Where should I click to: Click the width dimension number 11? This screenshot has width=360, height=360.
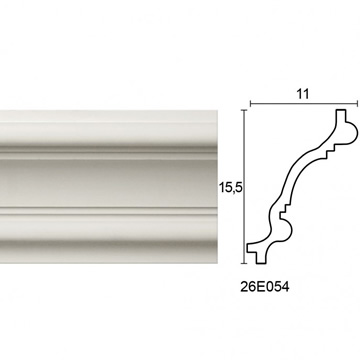pos(302,94)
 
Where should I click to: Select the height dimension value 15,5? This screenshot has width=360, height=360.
pos(230,188)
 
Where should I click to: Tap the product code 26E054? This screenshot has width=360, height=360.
pos(265,287)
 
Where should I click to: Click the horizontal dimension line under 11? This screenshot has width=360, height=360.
pos(304,104)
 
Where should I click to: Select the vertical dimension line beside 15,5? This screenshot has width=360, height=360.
pos(245,187)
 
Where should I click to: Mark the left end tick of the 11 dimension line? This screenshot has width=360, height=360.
pos(250,104)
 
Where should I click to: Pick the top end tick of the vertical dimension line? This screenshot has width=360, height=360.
pos(245,110)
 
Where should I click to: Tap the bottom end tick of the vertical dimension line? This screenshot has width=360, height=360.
pos(245,263)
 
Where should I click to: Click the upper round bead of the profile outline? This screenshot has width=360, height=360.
pos(351,133)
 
